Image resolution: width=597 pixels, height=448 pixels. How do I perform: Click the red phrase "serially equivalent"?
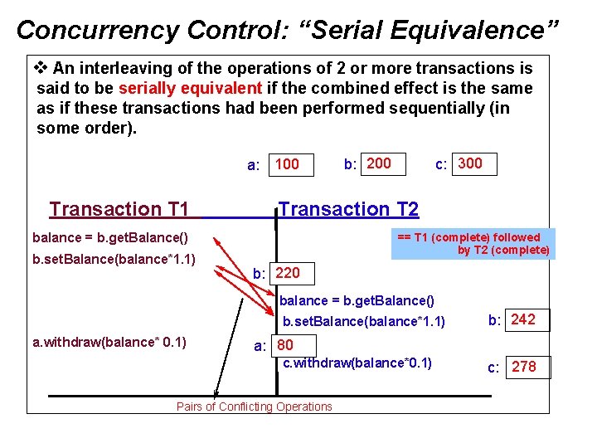190,88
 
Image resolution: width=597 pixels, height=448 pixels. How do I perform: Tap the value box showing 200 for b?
379,163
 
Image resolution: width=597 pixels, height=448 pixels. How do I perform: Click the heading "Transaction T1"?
119,209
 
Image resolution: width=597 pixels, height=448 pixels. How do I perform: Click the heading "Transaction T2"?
349,209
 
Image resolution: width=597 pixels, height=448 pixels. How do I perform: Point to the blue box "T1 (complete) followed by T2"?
471,244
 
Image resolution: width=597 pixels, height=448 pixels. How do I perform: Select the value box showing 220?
288,273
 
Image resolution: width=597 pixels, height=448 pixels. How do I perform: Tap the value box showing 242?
523,319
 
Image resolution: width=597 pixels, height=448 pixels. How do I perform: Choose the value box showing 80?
285,345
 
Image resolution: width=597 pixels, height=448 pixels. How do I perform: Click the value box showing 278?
524,367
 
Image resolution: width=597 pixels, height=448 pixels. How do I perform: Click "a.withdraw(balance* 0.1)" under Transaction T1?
109,342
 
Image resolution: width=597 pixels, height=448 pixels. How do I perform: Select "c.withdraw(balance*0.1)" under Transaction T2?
357,363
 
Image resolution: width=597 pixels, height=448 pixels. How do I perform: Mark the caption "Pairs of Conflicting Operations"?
254,407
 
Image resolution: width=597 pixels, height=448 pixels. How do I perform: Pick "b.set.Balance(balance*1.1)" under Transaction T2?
364,321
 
